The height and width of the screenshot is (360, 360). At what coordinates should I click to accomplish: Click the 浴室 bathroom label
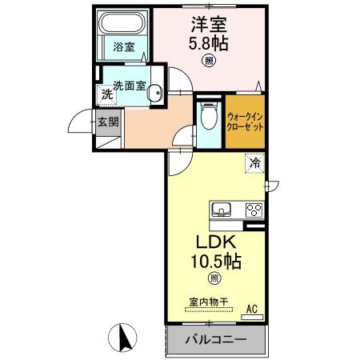coord(123,47)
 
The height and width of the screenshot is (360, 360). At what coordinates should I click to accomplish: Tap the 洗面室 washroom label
coord(128,86)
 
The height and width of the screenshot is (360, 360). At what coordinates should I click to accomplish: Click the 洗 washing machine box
coord(106,94)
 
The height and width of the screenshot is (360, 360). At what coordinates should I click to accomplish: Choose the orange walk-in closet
coord(245,122)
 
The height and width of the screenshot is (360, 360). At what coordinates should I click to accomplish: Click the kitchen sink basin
coord(222,210)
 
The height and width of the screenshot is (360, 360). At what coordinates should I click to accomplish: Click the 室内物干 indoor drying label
coord(209,302)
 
